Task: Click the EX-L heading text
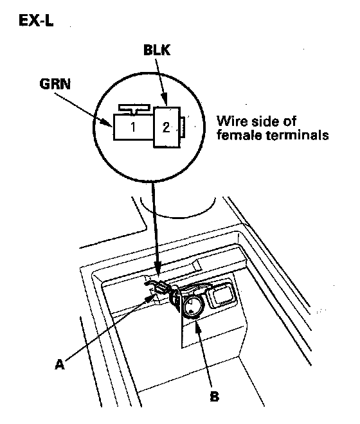pyautogui.click(x=36, y=21)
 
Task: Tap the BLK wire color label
pyautogui.click(x=157, y=50)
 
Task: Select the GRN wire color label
pyautogui.click(x=55, y=84)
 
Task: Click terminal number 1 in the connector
pyautogui.click(x=133, y=127)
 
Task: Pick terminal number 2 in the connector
pyautogui.click(x=166, y=127)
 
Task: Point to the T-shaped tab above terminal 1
pyautogui.click(x=134, y=109)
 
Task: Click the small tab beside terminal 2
pyautogui.click(x=183, y=127)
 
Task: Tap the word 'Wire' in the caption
pyautogui.click(x=232, y=121)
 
